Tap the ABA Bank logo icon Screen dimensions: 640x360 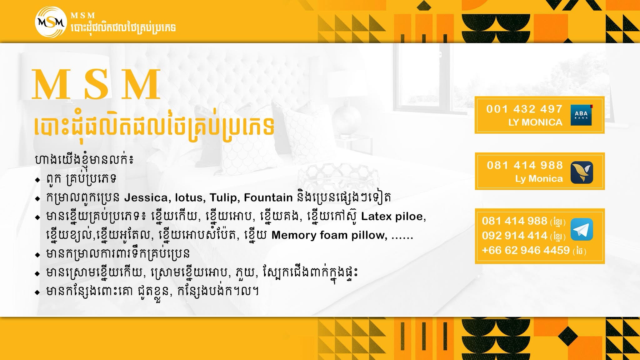point(582,115)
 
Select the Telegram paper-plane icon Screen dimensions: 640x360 point(582,229)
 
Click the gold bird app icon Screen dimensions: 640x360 point(582,172)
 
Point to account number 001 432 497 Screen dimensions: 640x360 point(524,109)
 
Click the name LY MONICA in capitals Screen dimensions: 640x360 point(535,122)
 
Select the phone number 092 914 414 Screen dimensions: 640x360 point(514,235)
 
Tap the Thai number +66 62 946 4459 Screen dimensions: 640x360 point(526,250)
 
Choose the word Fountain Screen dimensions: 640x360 point(268,198)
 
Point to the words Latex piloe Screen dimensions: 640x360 point(393,217)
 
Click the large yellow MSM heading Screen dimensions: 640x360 point(96,85)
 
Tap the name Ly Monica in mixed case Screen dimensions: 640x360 point(539,179)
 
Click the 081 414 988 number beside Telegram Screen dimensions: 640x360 point(514,221)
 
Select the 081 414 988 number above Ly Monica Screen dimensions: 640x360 point(525,165)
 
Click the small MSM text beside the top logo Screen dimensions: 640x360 point(83,15)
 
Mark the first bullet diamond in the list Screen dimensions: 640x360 point(38,180)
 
